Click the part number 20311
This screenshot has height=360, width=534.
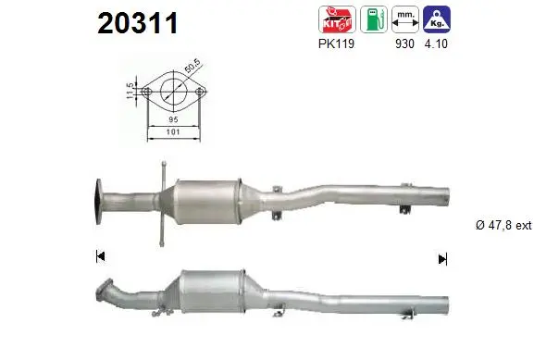point(137,23)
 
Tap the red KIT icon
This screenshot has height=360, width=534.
point(337,19)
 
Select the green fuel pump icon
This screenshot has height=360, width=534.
point(374,19)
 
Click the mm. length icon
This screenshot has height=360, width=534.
point(405,19)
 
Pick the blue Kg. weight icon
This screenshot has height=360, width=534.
point(437,19)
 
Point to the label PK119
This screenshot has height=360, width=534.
point(336,43)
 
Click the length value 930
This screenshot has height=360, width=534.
point(404,43)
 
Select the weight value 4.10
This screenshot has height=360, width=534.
point(436,43)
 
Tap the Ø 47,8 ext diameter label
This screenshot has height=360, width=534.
point(503,225)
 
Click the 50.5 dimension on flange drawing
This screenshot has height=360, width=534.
point(192,66)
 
